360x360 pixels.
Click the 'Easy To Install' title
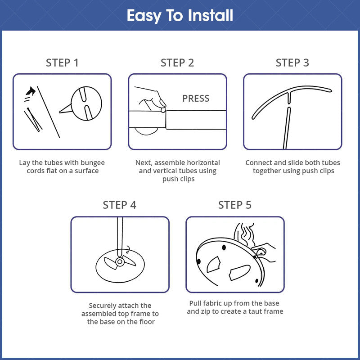pyautogui.click(x=180, y=16)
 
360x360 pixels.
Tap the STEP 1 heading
pyautogui.click(x=62, y=63)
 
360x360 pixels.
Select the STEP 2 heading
pyautogui.click(x=177, y=63)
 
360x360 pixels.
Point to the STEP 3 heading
pyautogui.click(x=292, y=63)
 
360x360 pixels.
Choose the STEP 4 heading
pyautogui.click(x=119, y=205)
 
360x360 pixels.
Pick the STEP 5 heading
pyautogui.click(x=234, y=205)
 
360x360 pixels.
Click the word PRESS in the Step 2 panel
pyautogui.click(x=196, y=99)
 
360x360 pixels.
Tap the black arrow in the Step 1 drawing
pyautogui.click(x=31, y=91)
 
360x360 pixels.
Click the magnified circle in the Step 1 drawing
pyautogui.click(x=86, y=103)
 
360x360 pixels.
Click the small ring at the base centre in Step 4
pyautogui.click(x=120, y=261)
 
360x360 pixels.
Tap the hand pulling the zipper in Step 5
pyautogui.click(x=264, y=252)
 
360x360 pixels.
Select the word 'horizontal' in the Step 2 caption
pyautogui.click(x=203, y=162)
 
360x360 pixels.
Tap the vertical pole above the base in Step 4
pyautogui.click(x=120, y=237)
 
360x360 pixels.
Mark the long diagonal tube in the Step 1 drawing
pyautogui.click(x=49, y=112)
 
